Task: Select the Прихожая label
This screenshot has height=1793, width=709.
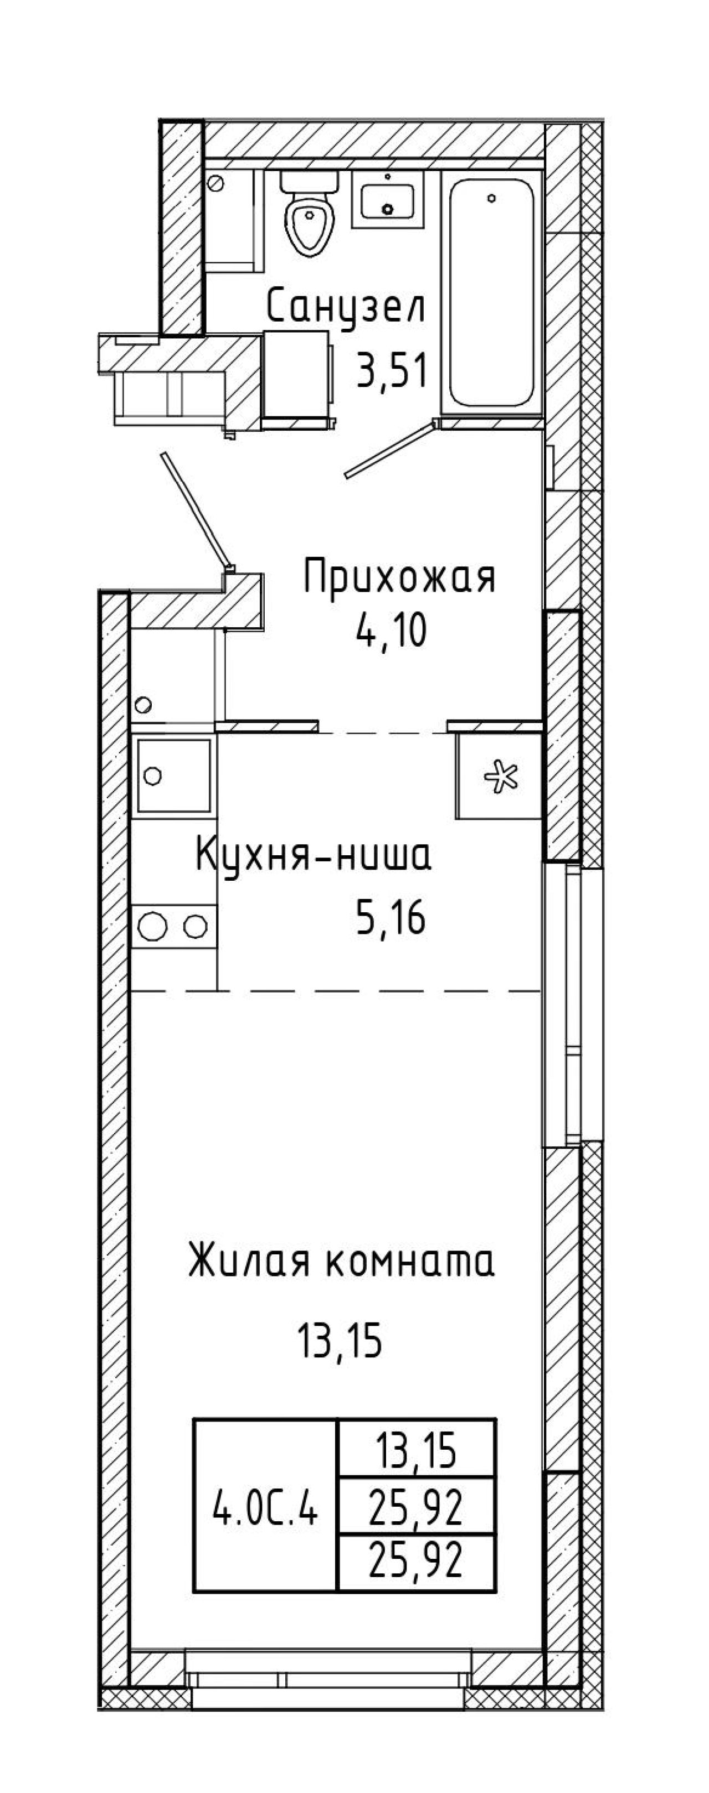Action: [x=400, y=578]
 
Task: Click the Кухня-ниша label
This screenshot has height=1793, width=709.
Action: [x=314, y=854]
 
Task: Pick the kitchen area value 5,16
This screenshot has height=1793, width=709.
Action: [x=391, y=917]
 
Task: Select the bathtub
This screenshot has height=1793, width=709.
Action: [x=492, y=292]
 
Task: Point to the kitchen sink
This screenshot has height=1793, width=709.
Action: [x=174, y=776]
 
